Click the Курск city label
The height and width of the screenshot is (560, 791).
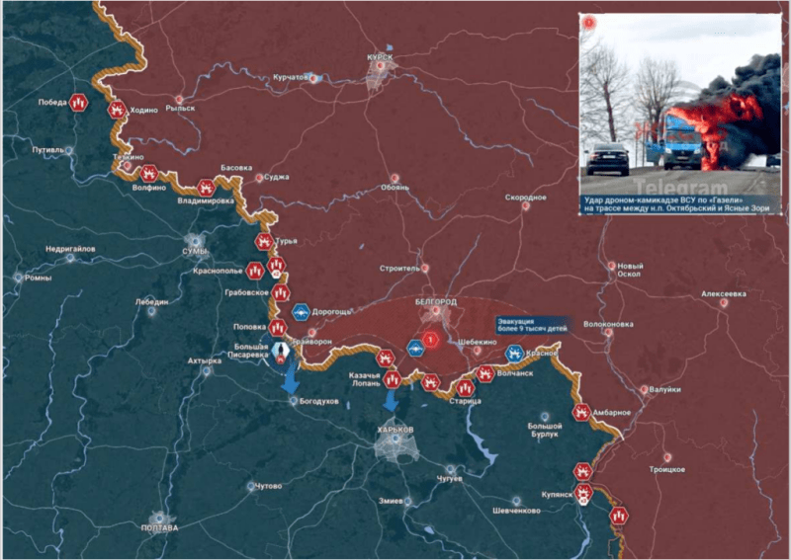click(x=380, y=58)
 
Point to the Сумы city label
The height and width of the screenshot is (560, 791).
click(x=195, y=253)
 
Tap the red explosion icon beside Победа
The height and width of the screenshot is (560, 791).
click(x=79, y=102)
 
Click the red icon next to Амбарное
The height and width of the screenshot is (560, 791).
click(x=582, y=412)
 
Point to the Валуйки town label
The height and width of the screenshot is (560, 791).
click(x=665, y=389)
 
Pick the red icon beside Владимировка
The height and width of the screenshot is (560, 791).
click(x=206, y=186)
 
